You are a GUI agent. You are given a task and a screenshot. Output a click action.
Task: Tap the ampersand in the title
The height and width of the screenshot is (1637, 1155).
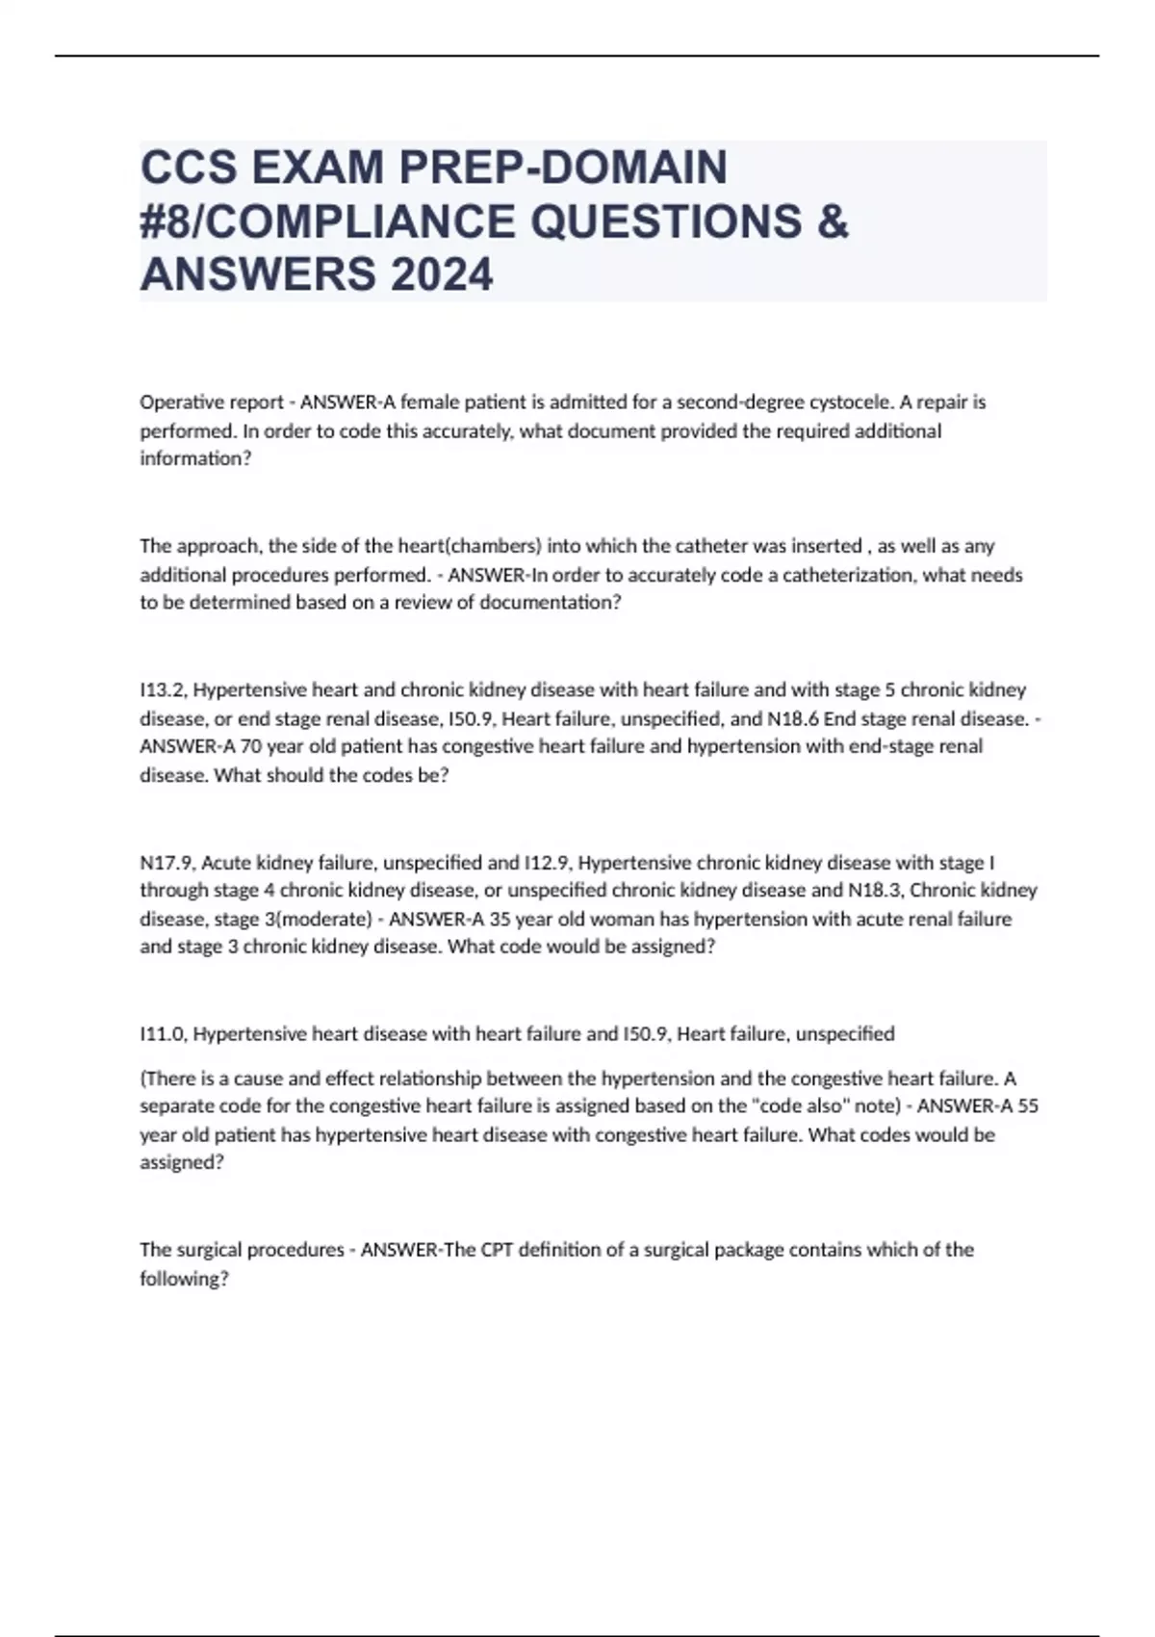tap(834, 221)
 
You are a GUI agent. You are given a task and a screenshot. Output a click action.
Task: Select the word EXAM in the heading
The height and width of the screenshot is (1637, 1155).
tap(318, 168)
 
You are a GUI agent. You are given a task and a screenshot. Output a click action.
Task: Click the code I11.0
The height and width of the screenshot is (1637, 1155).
tap(164, 1034)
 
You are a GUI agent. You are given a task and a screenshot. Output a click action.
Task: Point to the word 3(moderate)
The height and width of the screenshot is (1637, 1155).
tap(318, 919)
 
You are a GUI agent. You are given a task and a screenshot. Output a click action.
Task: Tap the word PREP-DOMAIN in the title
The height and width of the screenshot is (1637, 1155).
tap(563, 168)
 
